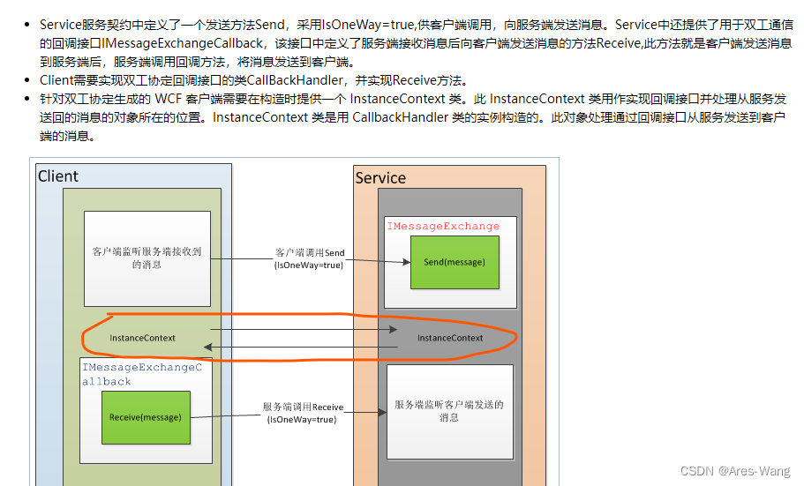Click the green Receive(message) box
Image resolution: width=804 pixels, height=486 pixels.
coord(146,417)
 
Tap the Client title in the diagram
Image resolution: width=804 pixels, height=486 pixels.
coord(58,176)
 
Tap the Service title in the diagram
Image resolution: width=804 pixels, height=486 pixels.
coord(380,178)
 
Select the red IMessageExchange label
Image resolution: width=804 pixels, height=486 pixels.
coord(443,227)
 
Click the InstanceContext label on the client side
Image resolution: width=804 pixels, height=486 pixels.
coord(142,338)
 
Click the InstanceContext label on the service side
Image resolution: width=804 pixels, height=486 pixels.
coord(450,338)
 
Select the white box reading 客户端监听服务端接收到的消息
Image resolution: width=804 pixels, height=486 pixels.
coord(147,258)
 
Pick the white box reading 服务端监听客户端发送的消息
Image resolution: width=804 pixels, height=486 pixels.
coord(449,411)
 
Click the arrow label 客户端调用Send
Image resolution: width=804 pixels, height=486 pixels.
coord(310,253)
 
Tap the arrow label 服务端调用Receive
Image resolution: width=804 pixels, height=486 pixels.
coord(303,407)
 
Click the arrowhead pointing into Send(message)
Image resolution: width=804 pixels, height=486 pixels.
coord(405,262)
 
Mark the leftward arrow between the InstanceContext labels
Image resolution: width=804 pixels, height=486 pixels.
coord(300,348)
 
